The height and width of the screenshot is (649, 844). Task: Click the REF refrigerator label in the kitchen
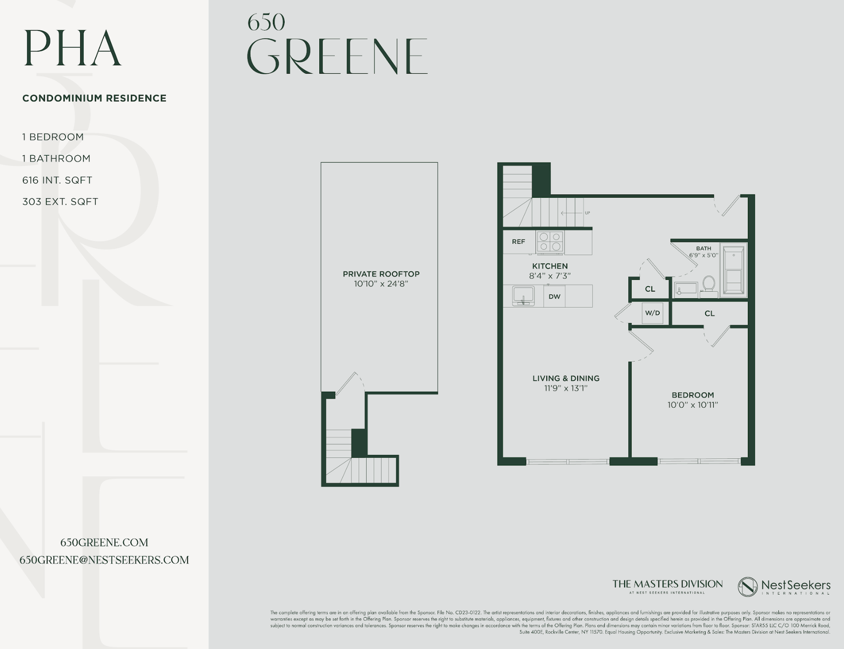pos(518,242)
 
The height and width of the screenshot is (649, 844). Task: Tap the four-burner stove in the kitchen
pos(550,242)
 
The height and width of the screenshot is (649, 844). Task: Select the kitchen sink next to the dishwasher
pos(523,296)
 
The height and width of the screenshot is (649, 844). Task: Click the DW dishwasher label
pos(554,296)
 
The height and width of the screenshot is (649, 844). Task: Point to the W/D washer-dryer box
pos(653,313)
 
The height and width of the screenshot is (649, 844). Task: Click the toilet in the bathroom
pos(709,284)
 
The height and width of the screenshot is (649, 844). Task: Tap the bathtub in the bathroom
pos(733,271)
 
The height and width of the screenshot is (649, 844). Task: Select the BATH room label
pos(704,248)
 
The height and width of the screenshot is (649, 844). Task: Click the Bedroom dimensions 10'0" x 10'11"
pos(693,405)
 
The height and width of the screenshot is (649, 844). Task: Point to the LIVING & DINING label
pos(566,378)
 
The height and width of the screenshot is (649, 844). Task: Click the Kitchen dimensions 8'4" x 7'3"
pos(550,276)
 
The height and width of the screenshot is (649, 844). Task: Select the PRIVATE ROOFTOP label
pos(381,274)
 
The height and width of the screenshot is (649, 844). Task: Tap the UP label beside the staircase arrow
pos(587,213)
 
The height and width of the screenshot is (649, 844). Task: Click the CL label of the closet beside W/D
pos(709,313)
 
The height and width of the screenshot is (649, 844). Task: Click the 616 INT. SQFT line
pos(57,180)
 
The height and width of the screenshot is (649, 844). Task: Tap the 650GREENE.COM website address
pos(104,542)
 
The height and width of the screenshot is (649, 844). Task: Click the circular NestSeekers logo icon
pos(747,587)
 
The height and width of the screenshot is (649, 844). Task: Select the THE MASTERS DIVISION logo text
pos(667,584)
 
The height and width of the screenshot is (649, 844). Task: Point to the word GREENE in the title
pos(337,56)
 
